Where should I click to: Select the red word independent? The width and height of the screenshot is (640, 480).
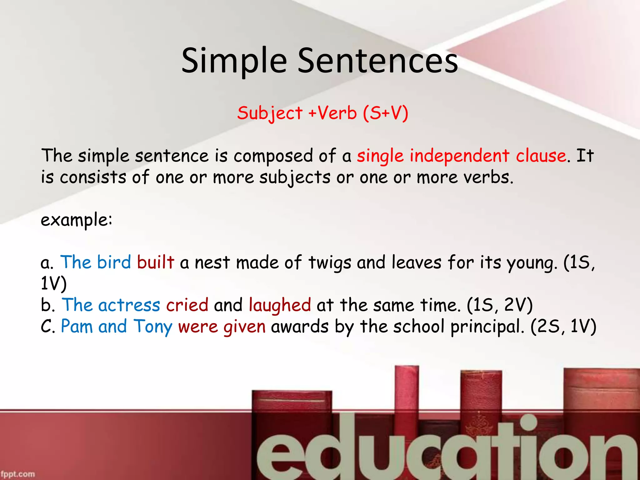459,156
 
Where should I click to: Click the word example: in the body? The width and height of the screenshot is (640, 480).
76,220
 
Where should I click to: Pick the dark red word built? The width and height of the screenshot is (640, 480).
155,262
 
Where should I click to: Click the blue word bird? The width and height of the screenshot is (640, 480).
114,262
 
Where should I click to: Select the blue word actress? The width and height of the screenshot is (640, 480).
129,305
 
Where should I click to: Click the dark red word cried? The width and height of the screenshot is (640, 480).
187,305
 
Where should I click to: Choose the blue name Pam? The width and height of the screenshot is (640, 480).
77,327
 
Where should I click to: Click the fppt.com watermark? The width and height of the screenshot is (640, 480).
17,474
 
